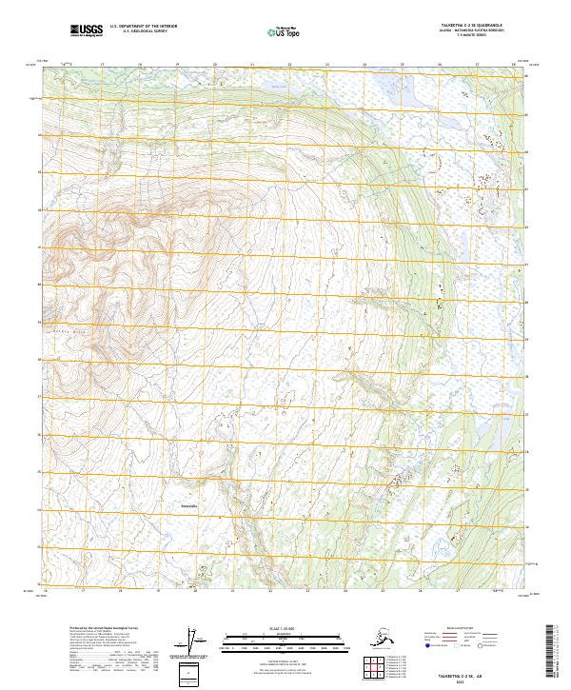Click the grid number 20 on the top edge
click(214, 65)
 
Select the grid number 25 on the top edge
click(402, 65)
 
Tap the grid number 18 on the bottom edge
click(140, 591)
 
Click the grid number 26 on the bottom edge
click(439, 591)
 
